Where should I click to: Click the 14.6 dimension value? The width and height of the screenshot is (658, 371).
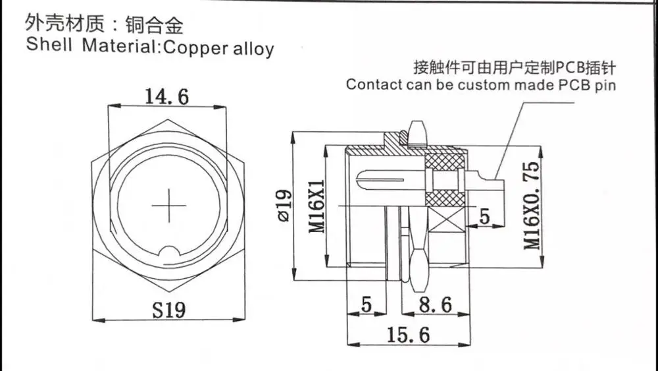[166, 97]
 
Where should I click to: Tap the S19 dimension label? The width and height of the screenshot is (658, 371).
[169, 309]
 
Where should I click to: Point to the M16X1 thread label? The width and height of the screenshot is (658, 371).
[318, 206]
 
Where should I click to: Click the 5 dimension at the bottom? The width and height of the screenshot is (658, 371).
[367, 305]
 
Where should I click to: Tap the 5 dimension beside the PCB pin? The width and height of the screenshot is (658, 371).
[484, 216]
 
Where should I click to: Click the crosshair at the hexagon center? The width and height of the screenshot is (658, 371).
[168, 206]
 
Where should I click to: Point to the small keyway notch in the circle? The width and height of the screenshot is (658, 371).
[169, 252]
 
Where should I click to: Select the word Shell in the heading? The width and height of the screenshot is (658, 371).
[49, 46]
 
